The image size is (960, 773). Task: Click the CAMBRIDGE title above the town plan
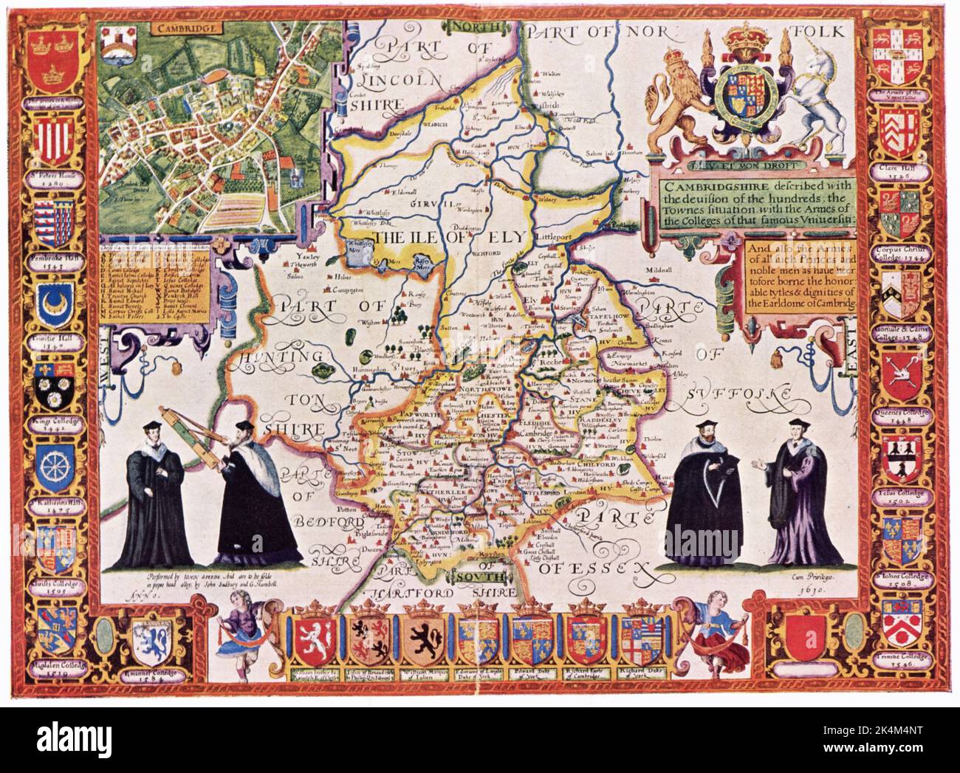click(x=178, y=29)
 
